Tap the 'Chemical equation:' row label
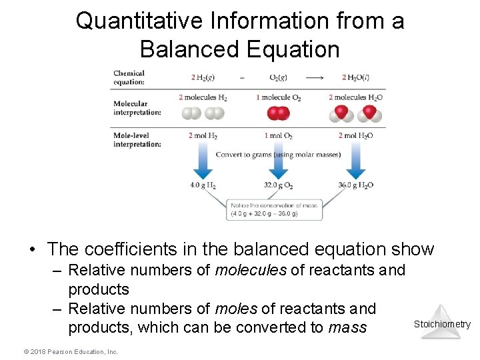(129, 78)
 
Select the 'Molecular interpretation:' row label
(137, 108)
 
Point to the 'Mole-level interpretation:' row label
(137, 139)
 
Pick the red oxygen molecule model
(278, 113)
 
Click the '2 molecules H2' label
(203, 97)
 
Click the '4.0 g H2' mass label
(203, 185)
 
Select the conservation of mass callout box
(275, 209)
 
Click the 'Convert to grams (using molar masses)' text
(278, 155)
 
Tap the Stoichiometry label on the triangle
(442, 325)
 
